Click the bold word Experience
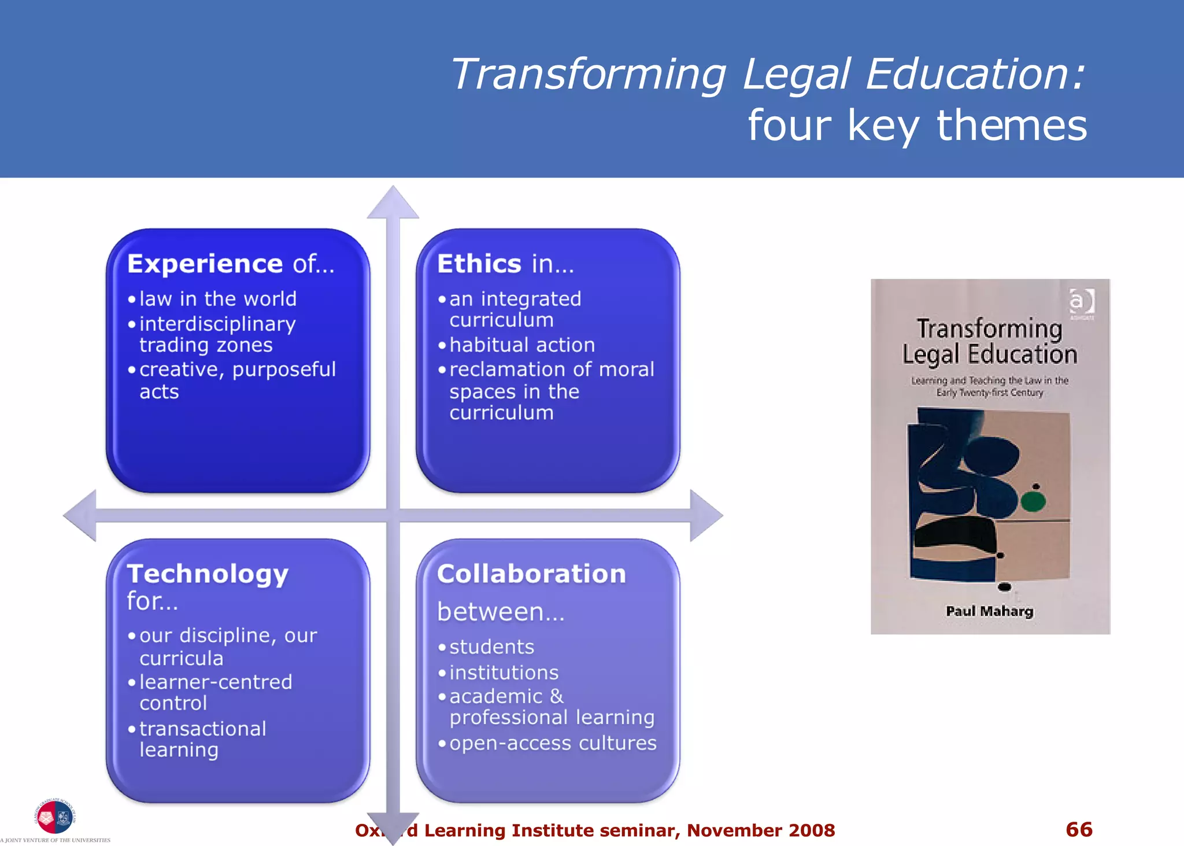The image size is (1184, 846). [205, 264]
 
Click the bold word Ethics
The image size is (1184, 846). [479, 264]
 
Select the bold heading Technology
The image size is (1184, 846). [208, 574]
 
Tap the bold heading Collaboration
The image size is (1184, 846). [531, 574]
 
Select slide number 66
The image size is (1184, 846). [1079, 829]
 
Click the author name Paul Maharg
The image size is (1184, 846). [989, 611]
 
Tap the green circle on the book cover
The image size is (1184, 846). [1033, 501]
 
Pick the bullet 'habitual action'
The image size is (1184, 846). [522, 345]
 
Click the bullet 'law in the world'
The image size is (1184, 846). [218, 299]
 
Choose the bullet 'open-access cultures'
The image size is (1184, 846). [553, 743]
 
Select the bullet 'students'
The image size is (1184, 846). [491, 647]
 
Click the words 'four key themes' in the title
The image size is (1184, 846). [917, 125]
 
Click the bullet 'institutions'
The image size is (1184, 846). [504, 673]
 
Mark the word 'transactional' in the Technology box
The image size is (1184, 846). [202, 729]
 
